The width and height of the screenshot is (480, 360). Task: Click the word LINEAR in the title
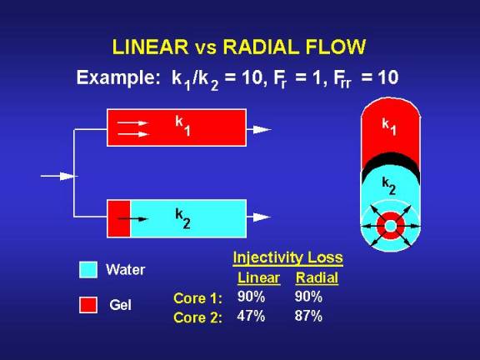[150, 47]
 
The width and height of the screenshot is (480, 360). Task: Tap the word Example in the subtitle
[117, 78]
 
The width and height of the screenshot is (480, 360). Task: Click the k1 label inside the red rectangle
[182, 126]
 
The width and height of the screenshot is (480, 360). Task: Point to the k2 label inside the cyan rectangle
[182, 218]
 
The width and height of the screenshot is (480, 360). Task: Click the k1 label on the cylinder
[389, 127]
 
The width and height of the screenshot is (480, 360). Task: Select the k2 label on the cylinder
[389, 186]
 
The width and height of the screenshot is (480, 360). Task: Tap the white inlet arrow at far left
[57, 176]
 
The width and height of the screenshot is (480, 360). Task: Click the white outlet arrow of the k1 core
[258, 129]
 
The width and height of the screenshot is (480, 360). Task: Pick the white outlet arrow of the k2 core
[258, 217]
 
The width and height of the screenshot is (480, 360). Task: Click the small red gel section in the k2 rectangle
[119, 218]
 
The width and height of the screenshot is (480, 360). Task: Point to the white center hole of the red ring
[390, 226]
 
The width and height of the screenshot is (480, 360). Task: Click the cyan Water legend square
[88, 270]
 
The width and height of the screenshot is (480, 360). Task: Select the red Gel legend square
[88, 305]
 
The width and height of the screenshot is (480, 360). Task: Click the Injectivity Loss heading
[287, 257]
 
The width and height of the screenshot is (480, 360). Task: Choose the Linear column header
[258, 278]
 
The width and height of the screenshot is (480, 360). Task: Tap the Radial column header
[317, 278]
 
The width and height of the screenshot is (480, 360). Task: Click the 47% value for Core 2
[251, 316]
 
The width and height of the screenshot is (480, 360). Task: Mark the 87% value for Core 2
[308, 316]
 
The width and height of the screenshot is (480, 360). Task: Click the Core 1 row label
[197, 298]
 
